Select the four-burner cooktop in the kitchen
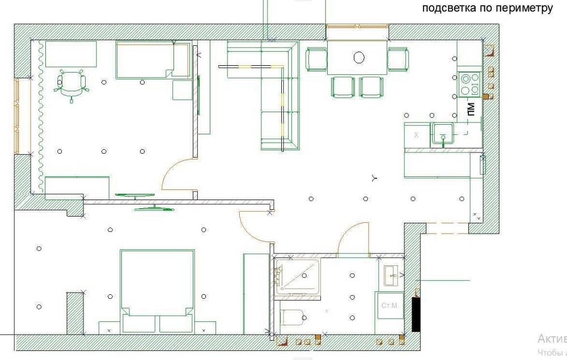click(469, 84)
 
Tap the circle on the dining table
click(359, 57)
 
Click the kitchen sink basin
click(442, 134)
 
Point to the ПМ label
click(471, 109)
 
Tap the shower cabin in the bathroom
click(297, 277)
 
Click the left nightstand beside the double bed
click(109, 328)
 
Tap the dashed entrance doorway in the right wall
click(447, 228)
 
